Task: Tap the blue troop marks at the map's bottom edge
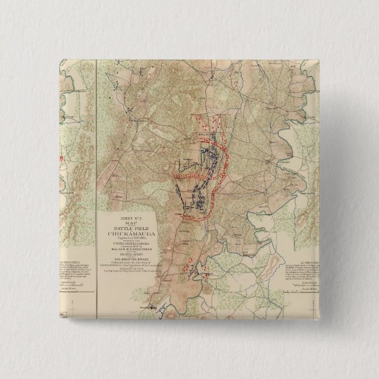[151, 305]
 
